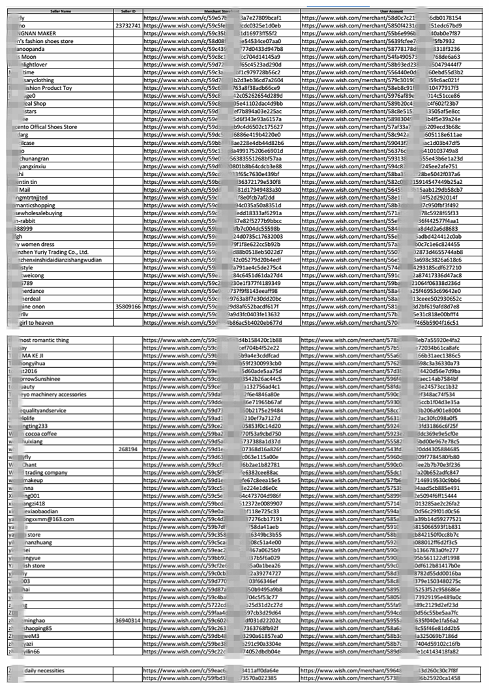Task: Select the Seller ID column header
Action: click(127, 10)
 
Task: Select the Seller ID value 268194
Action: click(128, 449)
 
